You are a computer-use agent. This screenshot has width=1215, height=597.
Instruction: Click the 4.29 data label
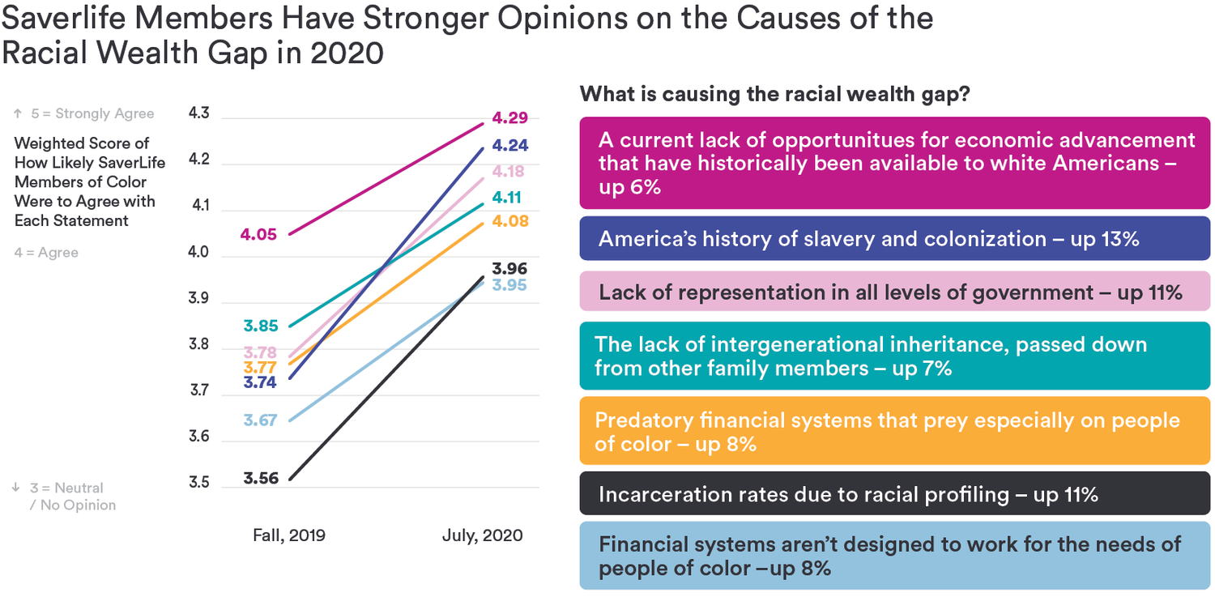pyautogui.click(x=510, y=118)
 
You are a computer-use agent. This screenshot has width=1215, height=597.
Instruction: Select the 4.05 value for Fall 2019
pyautogui.click(x=258, y=235)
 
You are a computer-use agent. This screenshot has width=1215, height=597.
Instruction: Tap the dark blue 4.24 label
pyautogui.click(x=510, y=147)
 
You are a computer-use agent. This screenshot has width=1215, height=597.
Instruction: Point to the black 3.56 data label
pyautogui.click(x=261, y=478)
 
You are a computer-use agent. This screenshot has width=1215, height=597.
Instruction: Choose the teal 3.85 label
pyautogui.click(x=261, y=326)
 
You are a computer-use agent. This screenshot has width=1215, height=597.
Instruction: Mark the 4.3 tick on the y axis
pyautogui.click(x=198, y=113)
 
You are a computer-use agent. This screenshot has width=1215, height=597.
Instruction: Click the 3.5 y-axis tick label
pyautogui.click(x=198, y=484)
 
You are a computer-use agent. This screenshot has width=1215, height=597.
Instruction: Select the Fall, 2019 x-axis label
pyautogui.click(x=288, y=535)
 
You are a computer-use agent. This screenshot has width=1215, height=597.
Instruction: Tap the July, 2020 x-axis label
pyautogui.click(x=483, y=535)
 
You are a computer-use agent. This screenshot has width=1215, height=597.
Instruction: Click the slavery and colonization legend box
pyautogui.click(x=894, y=239)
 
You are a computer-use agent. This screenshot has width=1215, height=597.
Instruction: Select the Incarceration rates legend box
pyautogui.click(x=894, y=494)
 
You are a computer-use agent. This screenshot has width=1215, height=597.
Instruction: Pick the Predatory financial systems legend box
pyautogui.click(x=894, y=431)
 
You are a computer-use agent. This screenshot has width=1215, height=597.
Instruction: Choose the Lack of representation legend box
pyautogui.click(x=894, y=292)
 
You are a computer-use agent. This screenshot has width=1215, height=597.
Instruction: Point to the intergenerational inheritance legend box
pyautogui.click(x=894, y=356)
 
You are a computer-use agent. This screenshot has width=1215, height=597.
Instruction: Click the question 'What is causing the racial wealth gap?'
pyautogui.click(x=775, y=95)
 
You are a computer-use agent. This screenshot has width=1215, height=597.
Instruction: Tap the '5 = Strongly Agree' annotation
pyautogui.click(x=83, y=113)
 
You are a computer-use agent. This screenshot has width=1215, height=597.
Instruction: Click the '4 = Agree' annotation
pyautogui.click(x=47, y=253)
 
